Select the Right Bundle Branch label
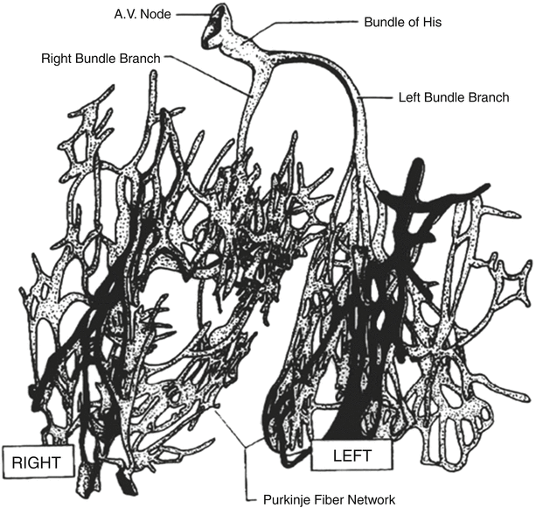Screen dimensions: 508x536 click(x=101, y=59)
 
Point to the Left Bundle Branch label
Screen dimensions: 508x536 click(x=454, y=97)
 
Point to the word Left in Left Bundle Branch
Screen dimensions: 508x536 click(x=408, y=97)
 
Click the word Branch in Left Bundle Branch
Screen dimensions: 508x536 click(x=488, y=97)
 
